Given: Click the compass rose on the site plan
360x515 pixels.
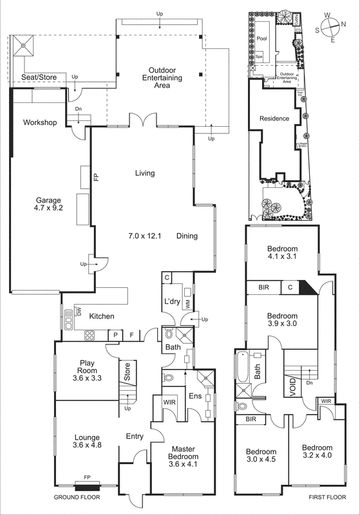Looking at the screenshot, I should [330, 29].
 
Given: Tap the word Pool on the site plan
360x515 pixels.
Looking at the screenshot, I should [261, 39].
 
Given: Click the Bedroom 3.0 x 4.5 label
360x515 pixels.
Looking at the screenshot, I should [261, 455].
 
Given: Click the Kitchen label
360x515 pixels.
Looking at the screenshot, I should [102, 316].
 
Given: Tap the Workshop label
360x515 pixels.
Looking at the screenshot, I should [40, 122].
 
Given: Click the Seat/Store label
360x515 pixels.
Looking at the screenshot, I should [39, 77].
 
